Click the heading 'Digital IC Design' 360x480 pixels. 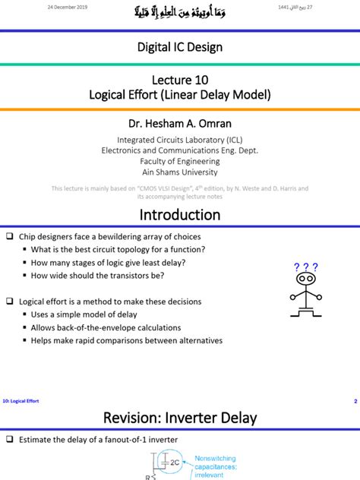coord(180,47)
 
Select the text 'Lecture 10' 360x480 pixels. coord(180,80)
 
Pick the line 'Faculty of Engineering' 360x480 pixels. coord(180,161)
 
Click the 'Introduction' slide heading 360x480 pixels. coord(180,215)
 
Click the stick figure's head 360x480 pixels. coord(305,279)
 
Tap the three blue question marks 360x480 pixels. coord(305,267)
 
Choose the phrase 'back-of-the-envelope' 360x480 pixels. coord(103,327)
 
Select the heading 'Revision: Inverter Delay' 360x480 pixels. coord(180,418)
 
